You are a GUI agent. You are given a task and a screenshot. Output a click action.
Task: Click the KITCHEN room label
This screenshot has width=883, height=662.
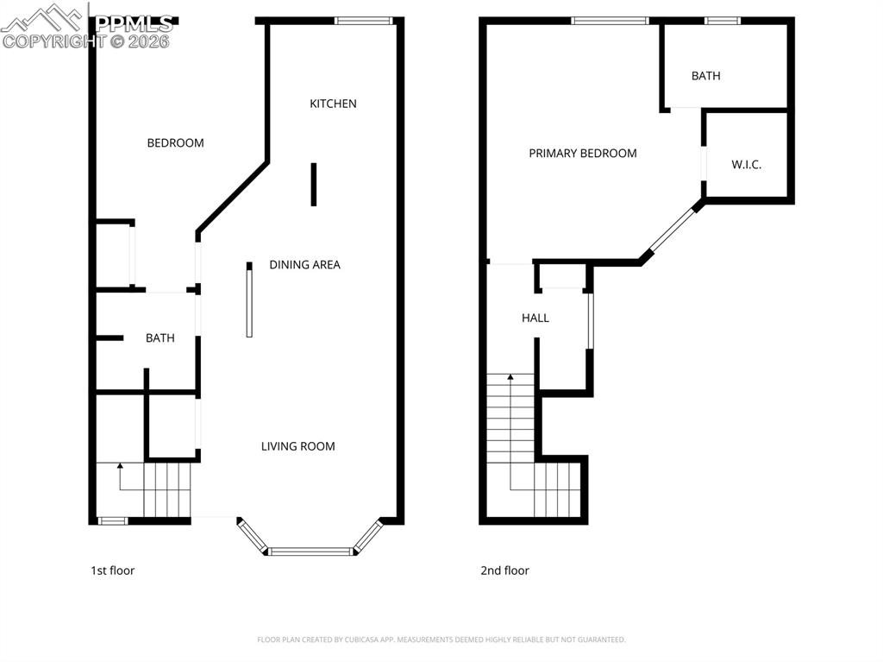click(333, 104)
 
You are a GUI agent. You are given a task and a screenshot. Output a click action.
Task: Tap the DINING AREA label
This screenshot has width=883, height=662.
click(304, 265)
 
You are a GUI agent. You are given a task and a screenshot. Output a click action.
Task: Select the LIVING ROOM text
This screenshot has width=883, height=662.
click(297, 446)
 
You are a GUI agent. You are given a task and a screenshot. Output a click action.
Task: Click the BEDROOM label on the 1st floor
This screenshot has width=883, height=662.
click(175, 143)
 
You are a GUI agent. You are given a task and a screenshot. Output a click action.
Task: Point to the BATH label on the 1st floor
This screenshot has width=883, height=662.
click(160, 338)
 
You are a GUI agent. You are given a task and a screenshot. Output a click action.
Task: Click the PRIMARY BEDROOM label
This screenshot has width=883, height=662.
click(582, 154)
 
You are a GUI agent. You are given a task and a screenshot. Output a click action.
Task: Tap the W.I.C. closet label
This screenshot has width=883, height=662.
click(746, 165)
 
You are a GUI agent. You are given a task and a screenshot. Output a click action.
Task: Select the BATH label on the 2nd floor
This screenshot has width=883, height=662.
click(705, 76)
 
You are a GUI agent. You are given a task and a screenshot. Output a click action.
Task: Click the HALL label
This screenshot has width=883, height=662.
click(535, 318)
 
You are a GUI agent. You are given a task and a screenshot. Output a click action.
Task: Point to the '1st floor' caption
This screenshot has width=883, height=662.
click(112, 571)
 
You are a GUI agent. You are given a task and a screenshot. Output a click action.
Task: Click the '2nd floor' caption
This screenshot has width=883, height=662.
click(504, 571)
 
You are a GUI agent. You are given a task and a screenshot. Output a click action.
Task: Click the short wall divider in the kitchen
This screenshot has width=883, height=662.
click(314, 185)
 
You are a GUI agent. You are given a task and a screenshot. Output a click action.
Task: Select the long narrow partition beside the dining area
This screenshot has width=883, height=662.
click(249, 300)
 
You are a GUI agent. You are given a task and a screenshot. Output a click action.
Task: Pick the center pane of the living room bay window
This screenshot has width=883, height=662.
click(310, 551)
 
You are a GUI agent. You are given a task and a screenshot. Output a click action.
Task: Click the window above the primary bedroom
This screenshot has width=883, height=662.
click(610, 21)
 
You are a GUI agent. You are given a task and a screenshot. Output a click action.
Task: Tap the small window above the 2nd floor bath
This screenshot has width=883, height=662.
click(723, 21)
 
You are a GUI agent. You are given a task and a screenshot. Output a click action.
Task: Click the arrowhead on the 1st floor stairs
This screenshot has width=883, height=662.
click(120, 466)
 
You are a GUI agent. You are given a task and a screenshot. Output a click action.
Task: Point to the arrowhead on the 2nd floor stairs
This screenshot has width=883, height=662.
click(510, 377)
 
